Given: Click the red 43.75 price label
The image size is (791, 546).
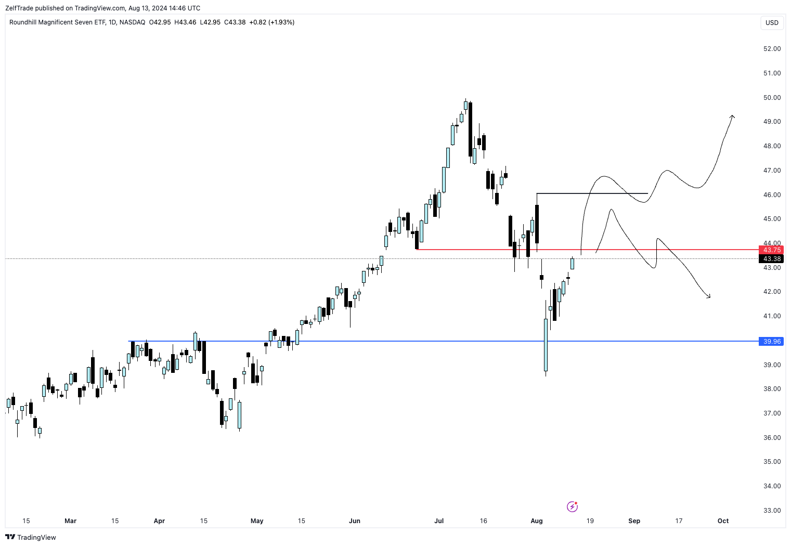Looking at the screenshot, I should tap(772, 250).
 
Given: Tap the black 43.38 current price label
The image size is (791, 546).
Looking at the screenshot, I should tap(772, 259).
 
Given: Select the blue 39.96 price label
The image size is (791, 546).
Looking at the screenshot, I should tap(772, 342).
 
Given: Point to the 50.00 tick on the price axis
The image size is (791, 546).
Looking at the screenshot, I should tap(772, 98).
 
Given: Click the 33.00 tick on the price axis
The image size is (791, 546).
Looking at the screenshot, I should tap(772, 511).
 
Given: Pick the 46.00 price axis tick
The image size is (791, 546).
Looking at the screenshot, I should tap(772, 195).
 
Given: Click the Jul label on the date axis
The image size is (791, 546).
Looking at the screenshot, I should tap(439, 521).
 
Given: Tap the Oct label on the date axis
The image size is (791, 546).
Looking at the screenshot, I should tap(723, 521).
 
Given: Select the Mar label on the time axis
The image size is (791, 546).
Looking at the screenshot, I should tap(70, 521).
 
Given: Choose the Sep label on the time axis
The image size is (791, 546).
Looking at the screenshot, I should tap(634, 521).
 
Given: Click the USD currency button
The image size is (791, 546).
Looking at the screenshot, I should tap(772, 23).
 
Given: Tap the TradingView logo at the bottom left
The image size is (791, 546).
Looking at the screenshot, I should tap(31, 537).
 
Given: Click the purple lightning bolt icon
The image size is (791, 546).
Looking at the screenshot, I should tap(572, 506).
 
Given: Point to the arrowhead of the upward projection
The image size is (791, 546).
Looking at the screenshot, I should tap(732, 116).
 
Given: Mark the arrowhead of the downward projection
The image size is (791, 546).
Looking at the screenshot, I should tap(709, 297).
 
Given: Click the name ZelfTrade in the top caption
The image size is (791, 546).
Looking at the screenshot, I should tap(19, 8).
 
